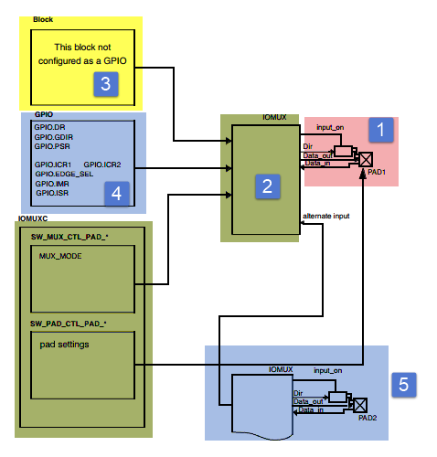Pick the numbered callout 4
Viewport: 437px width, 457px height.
point(115,193)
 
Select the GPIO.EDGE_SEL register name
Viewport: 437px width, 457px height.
point(63,173)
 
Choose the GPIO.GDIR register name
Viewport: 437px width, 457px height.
point(52,135)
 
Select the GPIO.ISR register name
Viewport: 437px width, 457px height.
point(53,193)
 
